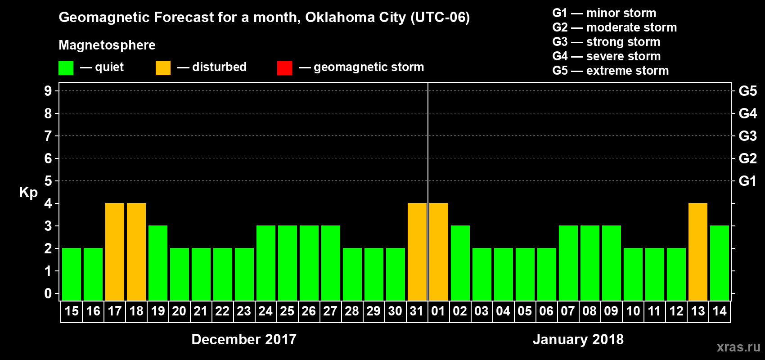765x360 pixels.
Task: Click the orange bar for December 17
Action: [115, 252]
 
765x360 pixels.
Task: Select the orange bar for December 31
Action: [417, 252]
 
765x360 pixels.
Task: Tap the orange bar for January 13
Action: [698, 252]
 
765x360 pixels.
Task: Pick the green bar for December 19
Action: [158, 263]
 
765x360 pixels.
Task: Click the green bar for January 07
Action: [568, 263]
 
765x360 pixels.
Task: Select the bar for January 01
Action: [439, 252]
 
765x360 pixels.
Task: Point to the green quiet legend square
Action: [66, 68]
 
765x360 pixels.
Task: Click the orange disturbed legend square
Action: [163, 68]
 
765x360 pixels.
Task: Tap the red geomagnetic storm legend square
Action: [284, 68]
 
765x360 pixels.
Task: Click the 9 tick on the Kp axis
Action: [48, 91]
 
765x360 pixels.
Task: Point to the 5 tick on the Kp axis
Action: [48, 181]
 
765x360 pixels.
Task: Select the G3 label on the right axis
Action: [747, 136]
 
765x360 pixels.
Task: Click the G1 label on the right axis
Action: [747, 181]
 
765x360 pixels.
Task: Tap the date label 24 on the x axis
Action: [265, 311]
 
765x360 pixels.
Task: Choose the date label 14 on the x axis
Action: [720, 311]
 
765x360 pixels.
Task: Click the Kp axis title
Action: [28, 193]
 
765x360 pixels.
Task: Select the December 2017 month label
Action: [244, 339]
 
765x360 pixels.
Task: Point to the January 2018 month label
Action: [578, 339]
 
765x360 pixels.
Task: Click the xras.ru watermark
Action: [738, 347]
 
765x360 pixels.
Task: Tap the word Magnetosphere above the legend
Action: [107, 45]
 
